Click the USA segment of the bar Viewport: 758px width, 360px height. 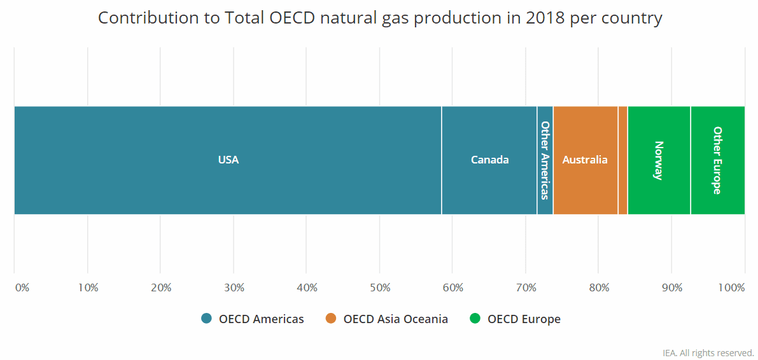point(228,160)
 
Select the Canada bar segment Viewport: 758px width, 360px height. point(489,160)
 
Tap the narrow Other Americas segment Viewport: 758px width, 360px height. point(545,160)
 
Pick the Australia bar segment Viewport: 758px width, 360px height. point(585,160)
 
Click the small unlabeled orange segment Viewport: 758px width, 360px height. point(622,160)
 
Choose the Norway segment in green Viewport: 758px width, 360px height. point(659,160)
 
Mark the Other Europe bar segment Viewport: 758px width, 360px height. point(717,160)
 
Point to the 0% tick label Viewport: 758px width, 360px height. point(22,287)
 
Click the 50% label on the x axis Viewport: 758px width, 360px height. point(380,287)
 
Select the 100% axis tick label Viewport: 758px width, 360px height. point(731,287)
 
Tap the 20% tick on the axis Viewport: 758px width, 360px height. point(161,287)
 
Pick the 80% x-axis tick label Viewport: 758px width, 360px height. point(599,287)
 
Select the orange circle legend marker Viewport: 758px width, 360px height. point(331,319)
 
